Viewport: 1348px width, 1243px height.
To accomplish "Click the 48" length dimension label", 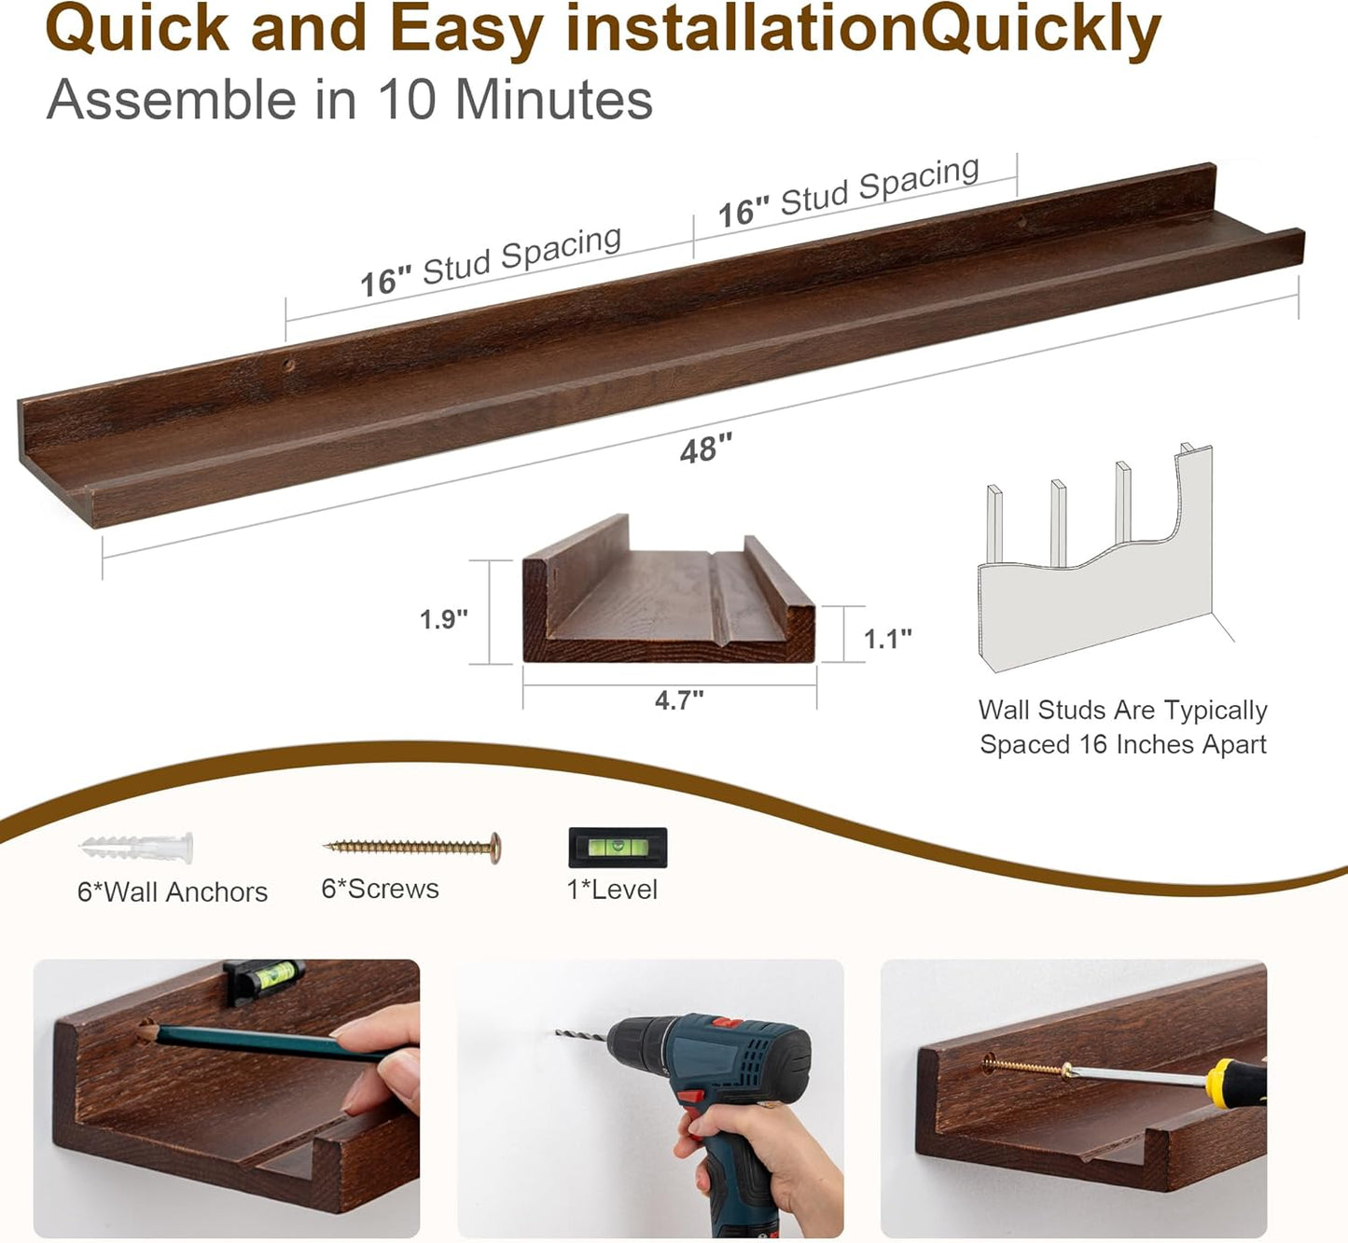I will point(706,449).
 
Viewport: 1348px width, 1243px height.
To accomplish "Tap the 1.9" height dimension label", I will point(443,619).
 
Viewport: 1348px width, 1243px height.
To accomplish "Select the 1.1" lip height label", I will point(887,639).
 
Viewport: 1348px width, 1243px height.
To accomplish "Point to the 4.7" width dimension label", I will point(679,699).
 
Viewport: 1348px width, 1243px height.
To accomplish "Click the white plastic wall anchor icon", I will point(137,848).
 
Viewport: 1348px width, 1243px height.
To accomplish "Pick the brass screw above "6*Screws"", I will point(411,847).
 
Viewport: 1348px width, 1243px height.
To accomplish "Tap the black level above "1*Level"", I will point(618,847).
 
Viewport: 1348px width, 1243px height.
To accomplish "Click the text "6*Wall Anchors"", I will point(173,892).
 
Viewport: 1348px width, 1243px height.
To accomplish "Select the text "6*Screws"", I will point(380,889).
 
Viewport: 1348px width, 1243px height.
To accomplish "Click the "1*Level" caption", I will point(612,890).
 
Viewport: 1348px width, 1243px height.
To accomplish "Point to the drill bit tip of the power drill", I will point(561,1033).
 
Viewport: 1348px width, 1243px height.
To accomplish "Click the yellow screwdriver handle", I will point(1236,1084).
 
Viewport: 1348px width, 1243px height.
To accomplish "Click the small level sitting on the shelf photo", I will point(265,979).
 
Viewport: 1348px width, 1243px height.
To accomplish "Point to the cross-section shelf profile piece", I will point(668,597).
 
